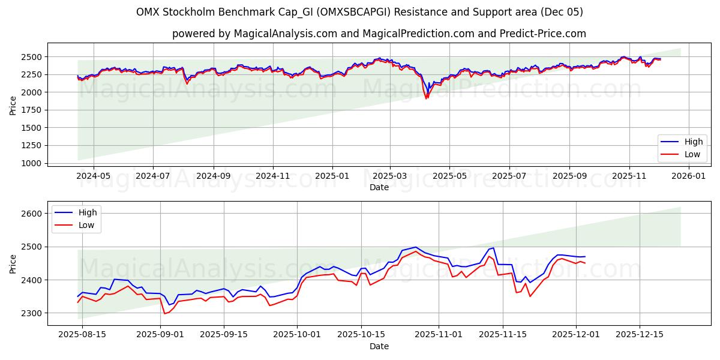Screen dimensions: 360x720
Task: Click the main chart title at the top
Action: (359, 12)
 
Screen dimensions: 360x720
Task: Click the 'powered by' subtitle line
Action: (379, 34)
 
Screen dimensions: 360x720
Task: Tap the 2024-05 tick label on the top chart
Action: (94, 176)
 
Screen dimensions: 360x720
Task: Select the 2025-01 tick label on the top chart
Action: (331, 176)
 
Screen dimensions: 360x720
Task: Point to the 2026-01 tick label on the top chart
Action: (688, 176)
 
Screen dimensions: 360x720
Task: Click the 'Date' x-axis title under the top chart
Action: (379, 187)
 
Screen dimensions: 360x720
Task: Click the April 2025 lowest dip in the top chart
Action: (427, 98)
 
